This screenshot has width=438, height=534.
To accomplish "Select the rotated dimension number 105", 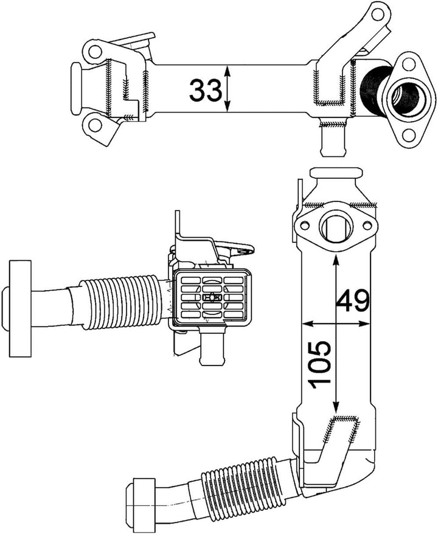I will tap(319, 364).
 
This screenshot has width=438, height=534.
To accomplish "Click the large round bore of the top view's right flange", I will tap(404, 96).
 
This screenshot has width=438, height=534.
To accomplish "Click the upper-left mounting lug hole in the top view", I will tap(94, 51).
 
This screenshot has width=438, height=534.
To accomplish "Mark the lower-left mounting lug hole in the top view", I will tap(94, 126).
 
